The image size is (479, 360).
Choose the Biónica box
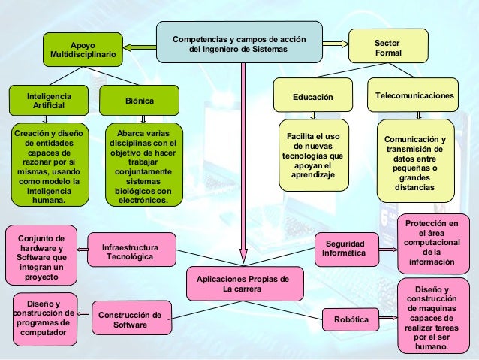pyautogui.click(x=139, y=101)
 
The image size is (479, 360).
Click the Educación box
pyautogui.click(x=312, y=96)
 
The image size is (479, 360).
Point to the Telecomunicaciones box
pyautogui.click(x=414, y=96)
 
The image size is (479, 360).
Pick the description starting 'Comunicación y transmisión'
pyautogui.click(x=414, y=162)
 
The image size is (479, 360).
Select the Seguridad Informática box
pyautogui.click(x=343, y=249)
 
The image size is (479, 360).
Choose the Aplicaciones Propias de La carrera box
pyautogui.click(x=243, y=283)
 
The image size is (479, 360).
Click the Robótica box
pyautogui.click(x=350, y=320)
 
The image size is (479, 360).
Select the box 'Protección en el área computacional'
pyautogui.click(x=431, y=243)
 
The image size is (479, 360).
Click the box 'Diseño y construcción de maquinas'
pyautogui.click(x=431, y=318)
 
